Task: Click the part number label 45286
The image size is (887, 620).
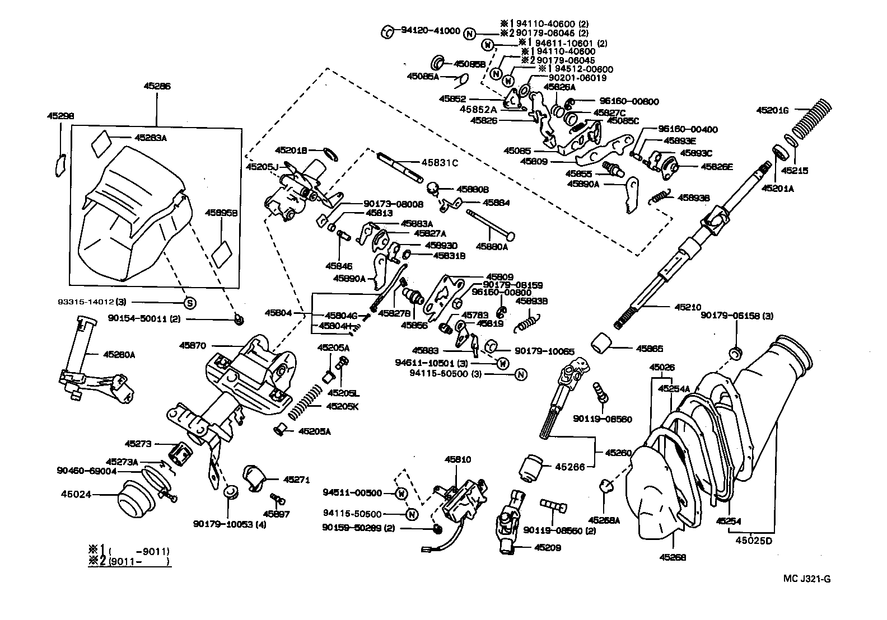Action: (157, 87)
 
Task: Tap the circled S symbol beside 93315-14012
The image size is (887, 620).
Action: (190, 303)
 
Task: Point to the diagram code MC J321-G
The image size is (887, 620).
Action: (807, 579)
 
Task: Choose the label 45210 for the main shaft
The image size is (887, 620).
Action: (688, 307)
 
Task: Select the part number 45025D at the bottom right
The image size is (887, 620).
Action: (754, 541)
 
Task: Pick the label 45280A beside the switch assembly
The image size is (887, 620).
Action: (119, 354)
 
